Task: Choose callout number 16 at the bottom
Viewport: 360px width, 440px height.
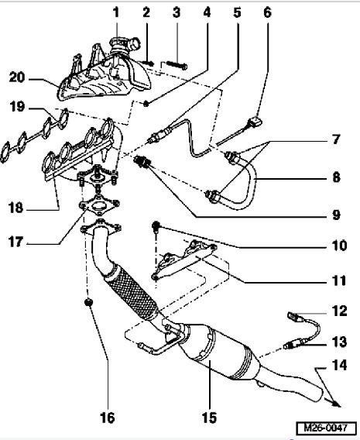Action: click(x=107, y=418)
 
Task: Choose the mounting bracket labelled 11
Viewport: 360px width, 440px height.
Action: click(x=186, y=260)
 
